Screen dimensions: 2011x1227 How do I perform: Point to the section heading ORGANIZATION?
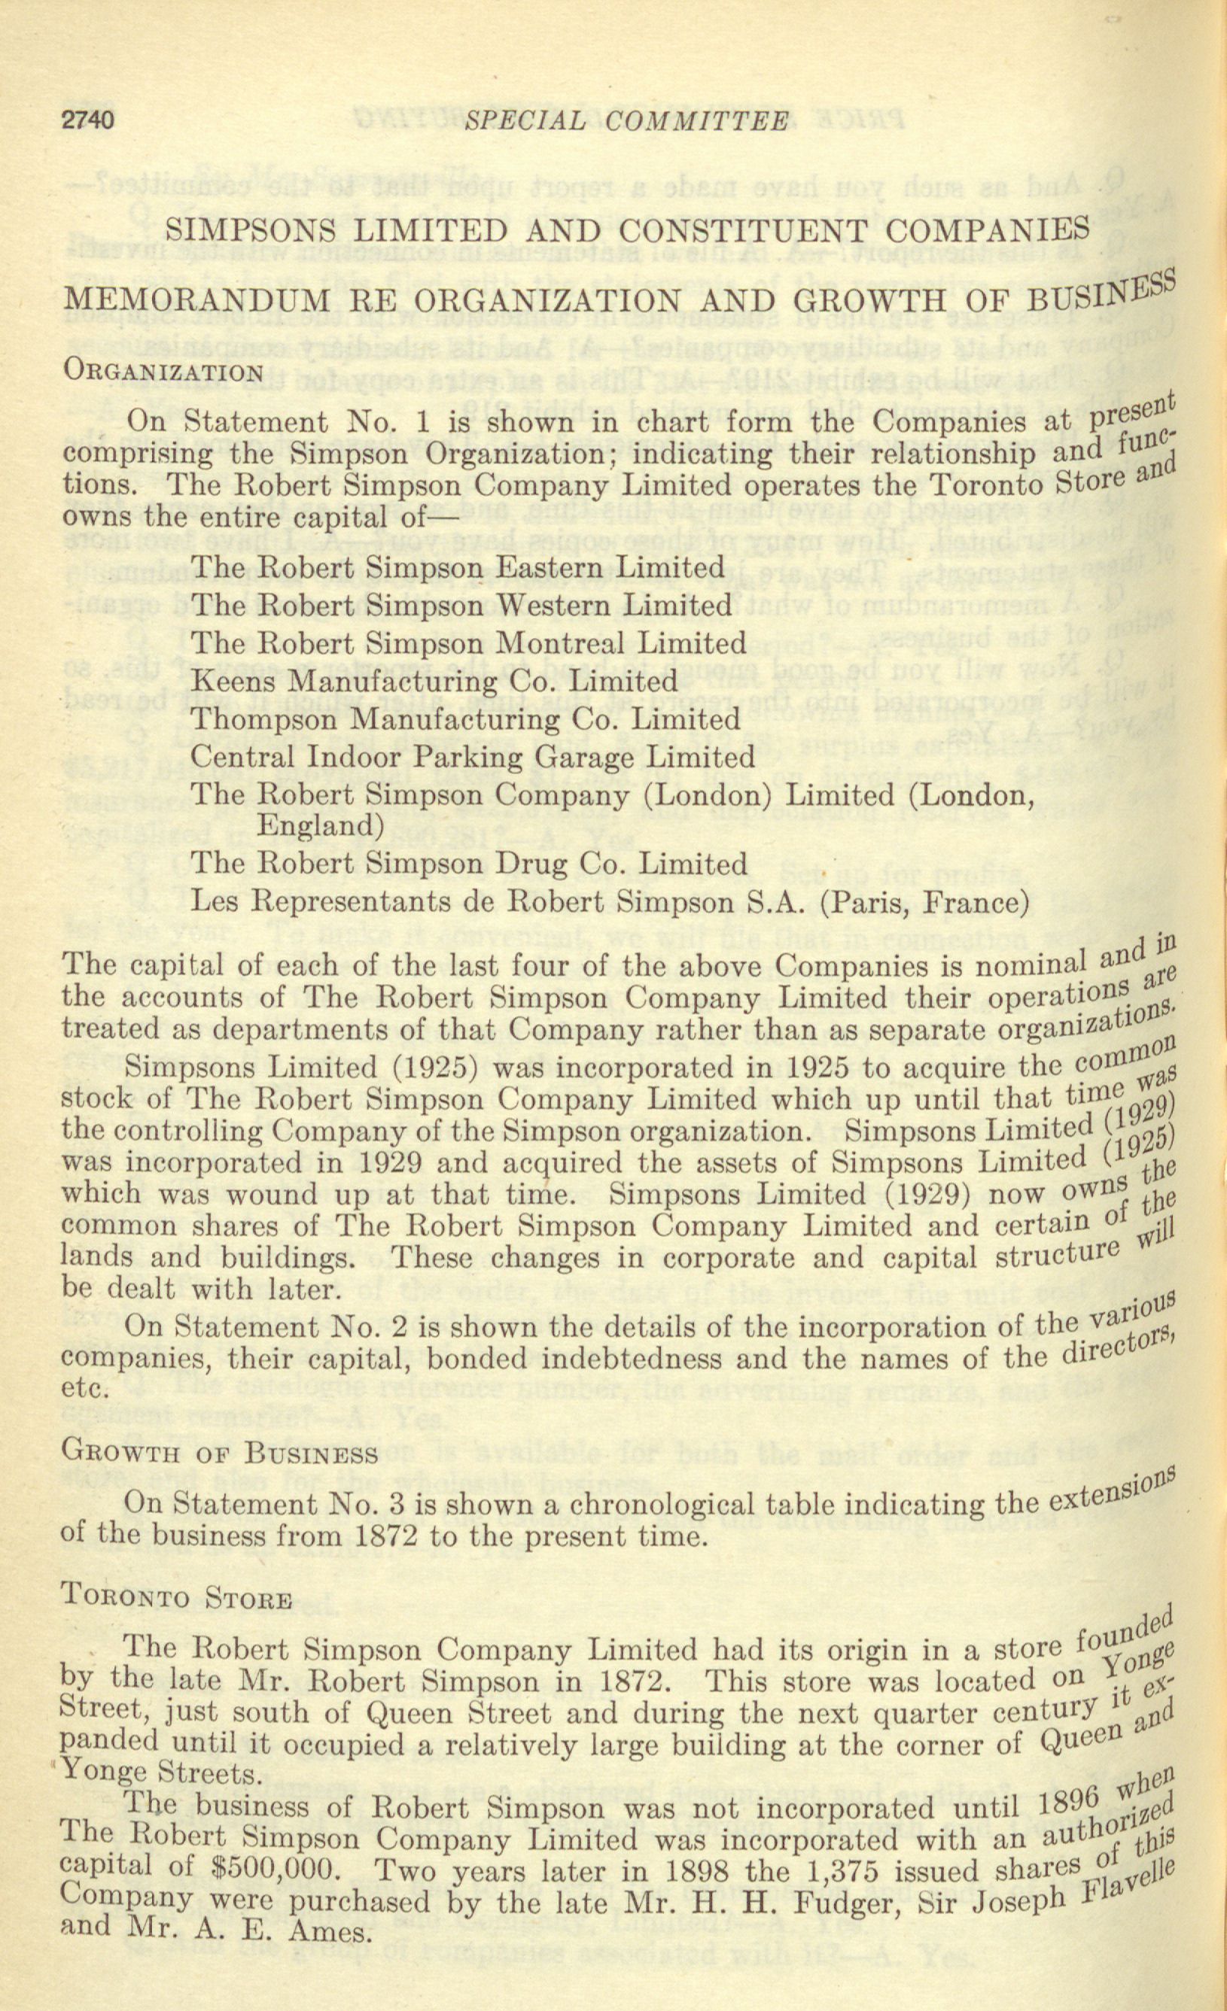(163, 373)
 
